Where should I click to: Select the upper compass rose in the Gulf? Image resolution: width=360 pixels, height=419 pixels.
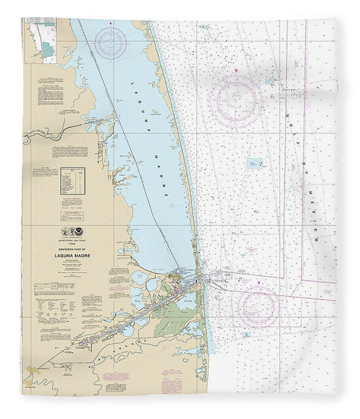pyautogui.click(x=236, y=99)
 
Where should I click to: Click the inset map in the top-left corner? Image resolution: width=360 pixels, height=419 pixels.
pyautogui.click(x=41, y=41)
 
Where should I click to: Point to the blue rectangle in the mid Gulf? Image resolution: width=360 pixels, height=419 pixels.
pyautogui.click(x=255, y=163)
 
